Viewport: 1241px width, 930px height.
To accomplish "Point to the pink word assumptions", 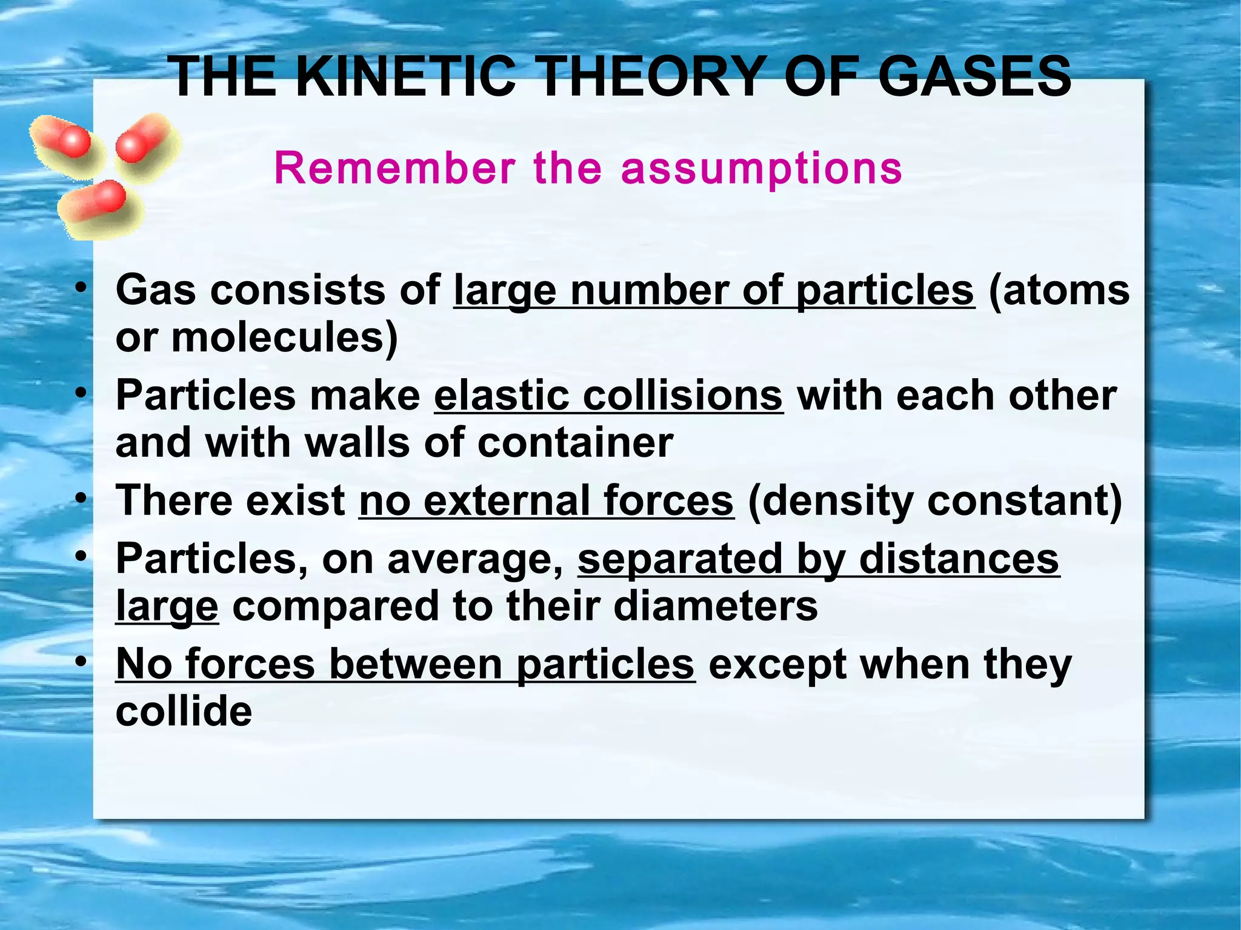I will point(762,169).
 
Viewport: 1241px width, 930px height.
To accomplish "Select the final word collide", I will point(184,711).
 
